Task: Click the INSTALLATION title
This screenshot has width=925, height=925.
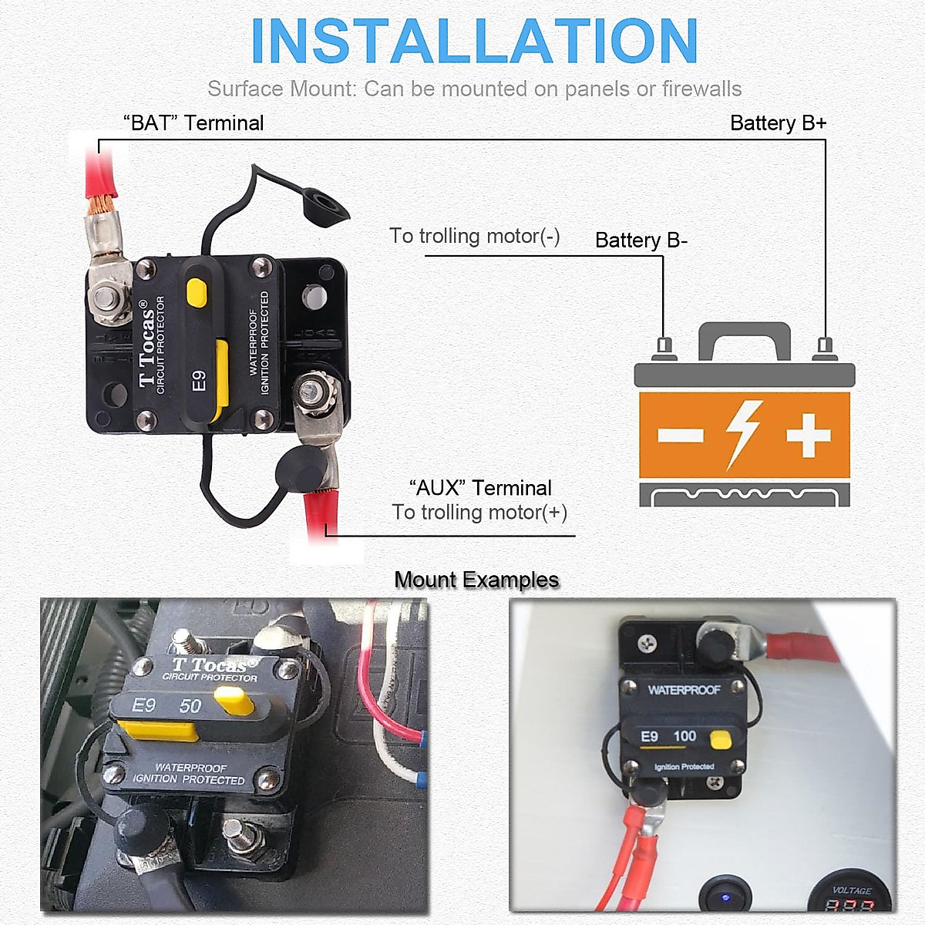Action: click(474, 42)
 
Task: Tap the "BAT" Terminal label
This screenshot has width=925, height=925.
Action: click(193, 123)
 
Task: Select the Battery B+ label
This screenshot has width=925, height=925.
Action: click(778, 123)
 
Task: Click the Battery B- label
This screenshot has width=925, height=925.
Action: click(641, 240)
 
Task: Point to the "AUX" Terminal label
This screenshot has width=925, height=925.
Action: click(480, 488)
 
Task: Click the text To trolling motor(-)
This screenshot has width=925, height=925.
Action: click(474, 236)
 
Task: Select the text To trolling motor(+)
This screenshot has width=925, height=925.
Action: click(479, 513)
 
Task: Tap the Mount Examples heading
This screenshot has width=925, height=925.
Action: click(476, 580)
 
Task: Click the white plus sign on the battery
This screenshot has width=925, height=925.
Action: click(808, 435)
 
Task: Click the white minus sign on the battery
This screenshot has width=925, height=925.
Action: click(680, 435)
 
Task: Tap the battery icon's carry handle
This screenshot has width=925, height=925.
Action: click(744, 336)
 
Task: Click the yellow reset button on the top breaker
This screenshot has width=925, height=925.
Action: click(197, 293)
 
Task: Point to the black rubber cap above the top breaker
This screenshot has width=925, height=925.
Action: click(325, 206)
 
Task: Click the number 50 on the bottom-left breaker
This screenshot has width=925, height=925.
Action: click(190, 706)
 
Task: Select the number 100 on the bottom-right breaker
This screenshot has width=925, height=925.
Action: click(684, 736)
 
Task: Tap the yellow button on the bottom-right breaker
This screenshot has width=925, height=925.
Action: click(720, 740)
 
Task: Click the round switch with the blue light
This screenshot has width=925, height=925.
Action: click(725, 896)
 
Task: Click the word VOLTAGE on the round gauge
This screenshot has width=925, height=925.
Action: click(852, 890)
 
